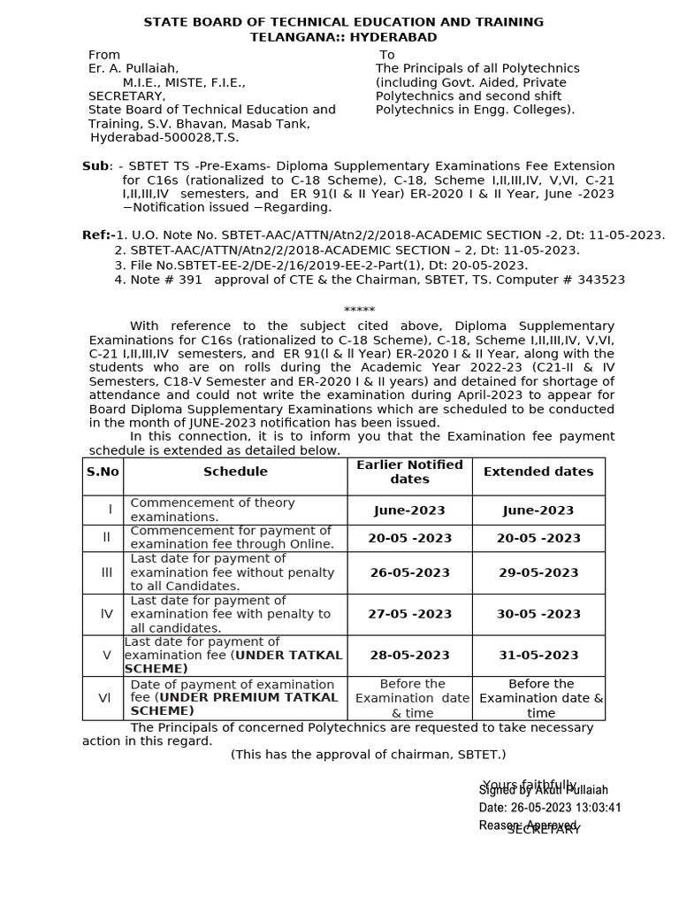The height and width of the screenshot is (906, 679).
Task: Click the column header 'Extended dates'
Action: click(x=538, y=472)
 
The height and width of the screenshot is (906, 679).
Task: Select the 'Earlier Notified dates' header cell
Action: click(x=409, y=472)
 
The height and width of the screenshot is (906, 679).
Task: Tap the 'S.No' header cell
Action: click(x=103, y=472)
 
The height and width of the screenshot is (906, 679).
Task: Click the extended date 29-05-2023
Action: click(x=538, y=572)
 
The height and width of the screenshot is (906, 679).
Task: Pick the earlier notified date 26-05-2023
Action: click(x=409, y=572)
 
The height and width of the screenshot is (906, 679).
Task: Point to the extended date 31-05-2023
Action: click(x=538, y=656)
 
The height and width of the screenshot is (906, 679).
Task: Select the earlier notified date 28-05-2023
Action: click(x=409, y=656)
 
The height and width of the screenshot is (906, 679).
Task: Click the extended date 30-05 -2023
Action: click(x=538, y=614)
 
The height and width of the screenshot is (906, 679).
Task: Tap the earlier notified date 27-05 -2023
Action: click(x=409, y=614)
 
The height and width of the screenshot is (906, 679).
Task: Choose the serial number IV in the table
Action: click(x=107, y=614)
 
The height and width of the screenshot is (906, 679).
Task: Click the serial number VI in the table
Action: click(x=105, y=698)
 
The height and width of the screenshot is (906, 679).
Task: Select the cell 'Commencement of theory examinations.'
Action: click(x=212, y=510)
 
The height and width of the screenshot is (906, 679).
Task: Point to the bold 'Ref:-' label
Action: click(x=97, y=234)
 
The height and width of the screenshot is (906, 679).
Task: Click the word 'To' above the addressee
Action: click(x=387, y=55)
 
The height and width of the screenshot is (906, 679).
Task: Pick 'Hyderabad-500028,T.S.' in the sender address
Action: click(x=164, y=137)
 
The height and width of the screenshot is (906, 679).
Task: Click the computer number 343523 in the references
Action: click(x=600, y=280)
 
